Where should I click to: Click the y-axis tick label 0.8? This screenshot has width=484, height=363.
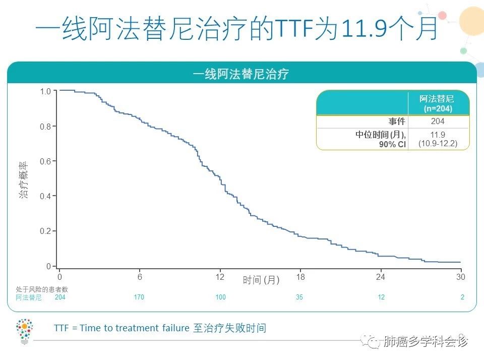point(45,127)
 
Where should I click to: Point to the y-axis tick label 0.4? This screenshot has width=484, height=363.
point(45,196)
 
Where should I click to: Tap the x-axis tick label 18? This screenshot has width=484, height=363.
point(300,277)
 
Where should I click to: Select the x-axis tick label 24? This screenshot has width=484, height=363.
point(381,277)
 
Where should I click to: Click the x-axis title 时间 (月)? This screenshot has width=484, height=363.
point(261,280)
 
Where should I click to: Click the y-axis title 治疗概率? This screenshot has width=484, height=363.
point(24,179)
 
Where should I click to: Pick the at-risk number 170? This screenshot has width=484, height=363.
point(139,297)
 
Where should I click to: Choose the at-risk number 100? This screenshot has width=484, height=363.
point(220,297)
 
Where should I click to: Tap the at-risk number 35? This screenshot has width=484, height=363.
point(299,297)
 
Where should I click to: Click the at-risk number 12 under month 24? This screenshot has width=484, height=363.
point(381,297)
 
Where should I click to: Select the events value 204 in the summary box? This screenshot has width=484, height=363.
point(438,122)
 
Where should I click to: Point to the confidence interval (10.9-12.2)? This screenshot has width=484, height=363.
point(438,143)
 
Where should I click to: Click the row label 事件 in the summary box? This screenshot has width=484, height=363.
point(397,122)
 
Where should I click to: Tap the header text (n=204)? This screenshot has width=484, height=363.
point(438,108)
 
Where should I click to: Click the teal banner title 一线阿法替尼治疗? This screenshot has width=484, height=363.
point(241,74)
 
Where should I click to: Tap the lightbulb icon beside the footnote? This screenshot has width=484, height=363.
point(24,331)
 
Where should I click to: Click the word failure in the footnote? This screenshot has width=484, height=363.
point(171,328)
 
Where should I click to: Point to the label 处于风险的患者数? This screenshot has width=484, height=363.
point(41,289)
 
